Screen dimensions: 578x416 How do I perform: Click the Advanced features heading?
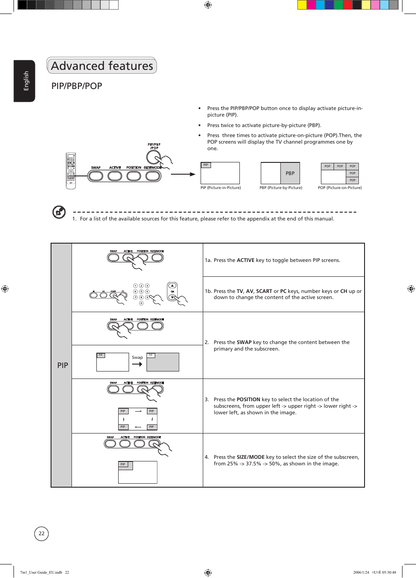point(102,66)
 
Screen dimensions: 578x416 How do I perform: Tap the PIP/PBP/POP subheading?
point(77,86)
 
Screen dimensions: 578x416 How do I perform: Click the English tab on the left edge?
point(25,81)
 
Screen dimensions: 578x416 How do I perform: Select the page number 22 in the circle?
point(41,533)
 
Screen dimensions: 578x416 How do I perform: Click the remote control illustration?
point(71,171)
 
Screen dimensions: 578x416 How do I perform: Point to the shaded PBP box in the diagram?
point(290,173)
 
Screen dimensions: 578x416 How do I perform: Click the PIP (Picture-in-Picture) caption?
point(221,188)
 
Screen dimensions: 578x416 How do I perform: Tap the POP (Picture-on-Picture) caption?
point(340,188)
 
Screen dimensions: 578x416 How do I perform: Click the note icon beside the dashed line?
point(59,212)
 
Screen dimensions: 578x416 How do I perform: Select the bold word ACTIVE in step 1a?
point(246,260)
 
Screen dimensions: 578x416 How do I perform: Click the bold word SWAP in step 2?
point(244,342)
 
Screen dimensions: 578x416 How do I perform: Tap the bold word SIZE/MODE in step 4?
point(251,457)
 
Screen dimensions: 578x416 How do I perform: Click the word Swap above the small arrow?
point(137,358)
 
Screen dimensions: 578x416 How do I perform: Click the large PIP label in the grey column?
point(62,365)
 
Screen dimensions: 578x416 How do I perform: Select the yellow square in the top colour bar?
point(302,5)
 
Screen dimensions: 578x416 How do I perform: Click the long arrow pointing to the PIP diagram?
point(183,174)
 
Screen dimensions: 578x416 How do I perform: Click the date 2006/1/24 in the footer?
point(361,572)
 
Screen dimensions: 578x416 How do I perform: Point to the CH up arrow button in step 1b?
point(172,286)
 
